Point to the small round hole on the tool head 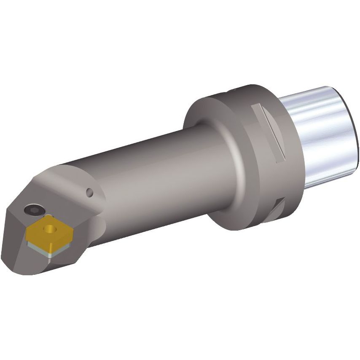[x=89, y=193]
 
